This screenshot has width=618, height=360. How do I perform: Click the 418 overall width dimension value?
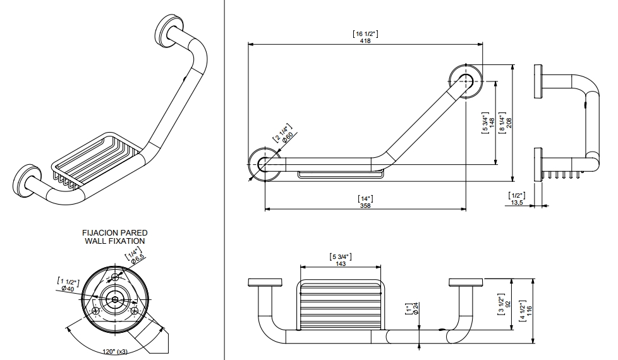[x=365, y=40]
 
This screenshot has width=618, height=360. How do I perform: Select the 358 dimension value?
[x=365, y=205]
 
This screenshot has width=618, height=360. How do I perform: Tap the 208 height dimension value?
[x=509, y=122]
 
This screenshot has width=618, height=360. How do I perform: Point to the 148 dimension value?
[x=491, y=123]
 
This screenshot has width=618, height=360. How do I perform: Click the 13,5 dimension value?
[x=516, y=203]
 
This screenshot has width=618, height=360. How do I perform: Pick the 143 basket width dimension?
[x=341, y=264]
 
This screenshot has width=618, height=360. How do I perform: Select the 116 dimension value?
[x=529, y=311]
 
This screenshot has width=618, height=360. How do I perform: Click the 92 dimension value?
[x=508, y=303]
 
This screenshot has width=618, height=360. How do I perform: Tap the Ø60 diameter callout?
[x=287, y=137]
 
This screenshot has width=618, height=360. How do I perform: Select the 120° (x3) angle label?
[x=114, y=351]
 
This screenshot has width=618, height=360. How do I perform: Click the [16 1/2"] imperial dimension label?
[x=365, y=33]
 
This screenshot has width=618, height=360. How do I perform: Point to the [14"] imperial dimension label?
[x=365, y=198]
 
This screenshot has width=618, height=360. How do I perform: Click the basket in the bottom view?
[x=341, y=304]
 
